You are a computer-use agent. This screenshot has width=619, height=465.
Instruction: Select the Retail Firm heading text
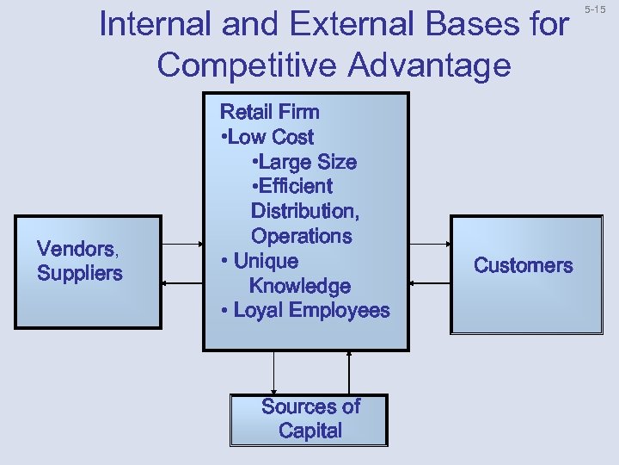(x=270, y=112)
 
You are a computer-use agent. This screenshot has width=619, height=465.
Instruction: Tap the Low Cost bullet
(x=268, y=137)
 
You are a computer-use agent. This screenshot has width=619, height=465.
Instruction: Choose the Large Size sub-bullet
(x=304, y=162)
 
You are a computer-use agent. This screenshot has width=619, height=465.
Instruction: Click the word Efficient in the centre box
(x=292, y=186)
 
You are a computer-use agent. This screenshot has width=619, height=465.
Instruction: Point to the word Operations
(x=301, y=236)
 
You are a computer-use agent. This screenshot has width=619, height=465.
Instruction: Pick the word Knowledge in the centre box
(x=299, y=286)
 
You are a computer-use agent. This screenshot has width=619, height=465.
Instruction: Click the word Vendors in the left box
(x=76, y=250)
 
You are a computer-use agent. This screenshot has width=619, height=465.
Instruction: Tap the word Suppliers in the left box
(x=79, y=274)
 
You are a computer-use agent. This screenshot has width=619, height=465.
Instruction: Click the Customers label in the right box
(x=523, y=265)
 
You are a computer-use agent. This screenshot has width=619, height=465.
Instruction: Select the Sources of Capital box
(x=309, y=419)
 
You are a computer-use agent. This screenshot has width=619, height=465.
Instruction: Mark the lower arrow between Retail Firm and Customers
(x=429, y=282)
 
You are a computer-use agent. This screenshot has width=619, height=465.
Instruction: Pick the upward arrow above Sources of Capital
(x=349, y=372)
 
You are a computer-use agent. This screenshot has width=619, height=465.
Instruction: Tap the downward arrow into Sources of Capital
(x=273, y=372)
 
